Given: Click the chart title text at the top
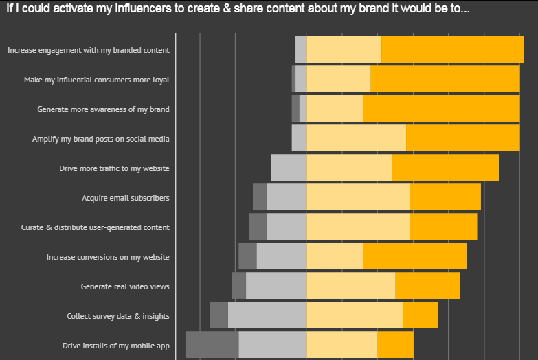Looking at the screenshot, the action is point(238,8).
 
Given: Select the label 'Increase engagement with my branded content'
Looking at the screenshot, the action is point(89,50).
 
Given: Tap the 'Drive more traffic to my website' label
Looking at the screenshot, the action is point(114,168).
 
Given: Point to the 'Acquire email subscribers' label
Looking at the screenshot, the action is point(126,198).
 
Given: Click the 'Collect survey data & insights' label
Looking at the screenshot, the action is point(118,316).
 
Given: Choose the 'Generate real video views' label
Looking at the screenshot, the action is point(125,286).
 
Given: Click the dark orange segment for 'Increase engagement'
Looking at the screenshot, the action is point(453,49).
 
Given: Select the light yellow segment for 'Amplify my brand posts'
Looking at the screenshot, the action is point(356,138).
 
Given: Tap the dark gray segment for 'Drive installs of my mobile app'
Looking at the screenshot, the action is point(212,345).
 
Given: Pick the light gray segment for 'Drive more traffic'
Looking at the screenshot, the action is point(289,168).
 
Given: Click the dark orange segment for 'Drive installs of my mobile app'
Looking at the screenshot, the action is point(396,345).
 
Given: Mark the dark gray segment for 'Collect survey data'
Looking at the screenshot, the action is point(219,315).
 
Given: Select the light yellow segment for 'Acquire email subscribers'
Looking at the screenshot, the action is point(358,197).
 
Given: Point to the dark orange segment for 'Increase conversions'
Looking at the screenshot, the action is point(415,256).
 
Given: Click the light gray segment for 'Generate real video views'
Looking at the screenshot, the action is point(276,286).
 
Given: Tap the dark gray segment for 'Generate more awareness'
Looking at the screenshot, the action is point(295,109).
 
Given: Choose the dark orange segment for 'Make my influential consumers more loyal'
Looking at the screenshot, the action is point(445,79).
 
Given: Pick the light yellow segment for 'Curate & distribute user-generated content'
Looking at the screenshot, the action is point(358,227).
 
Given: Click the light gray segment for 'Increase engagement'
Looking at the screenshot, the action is point(301,49).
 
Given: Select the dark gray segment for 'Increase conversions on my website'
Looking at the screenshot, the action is point(248,256).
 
